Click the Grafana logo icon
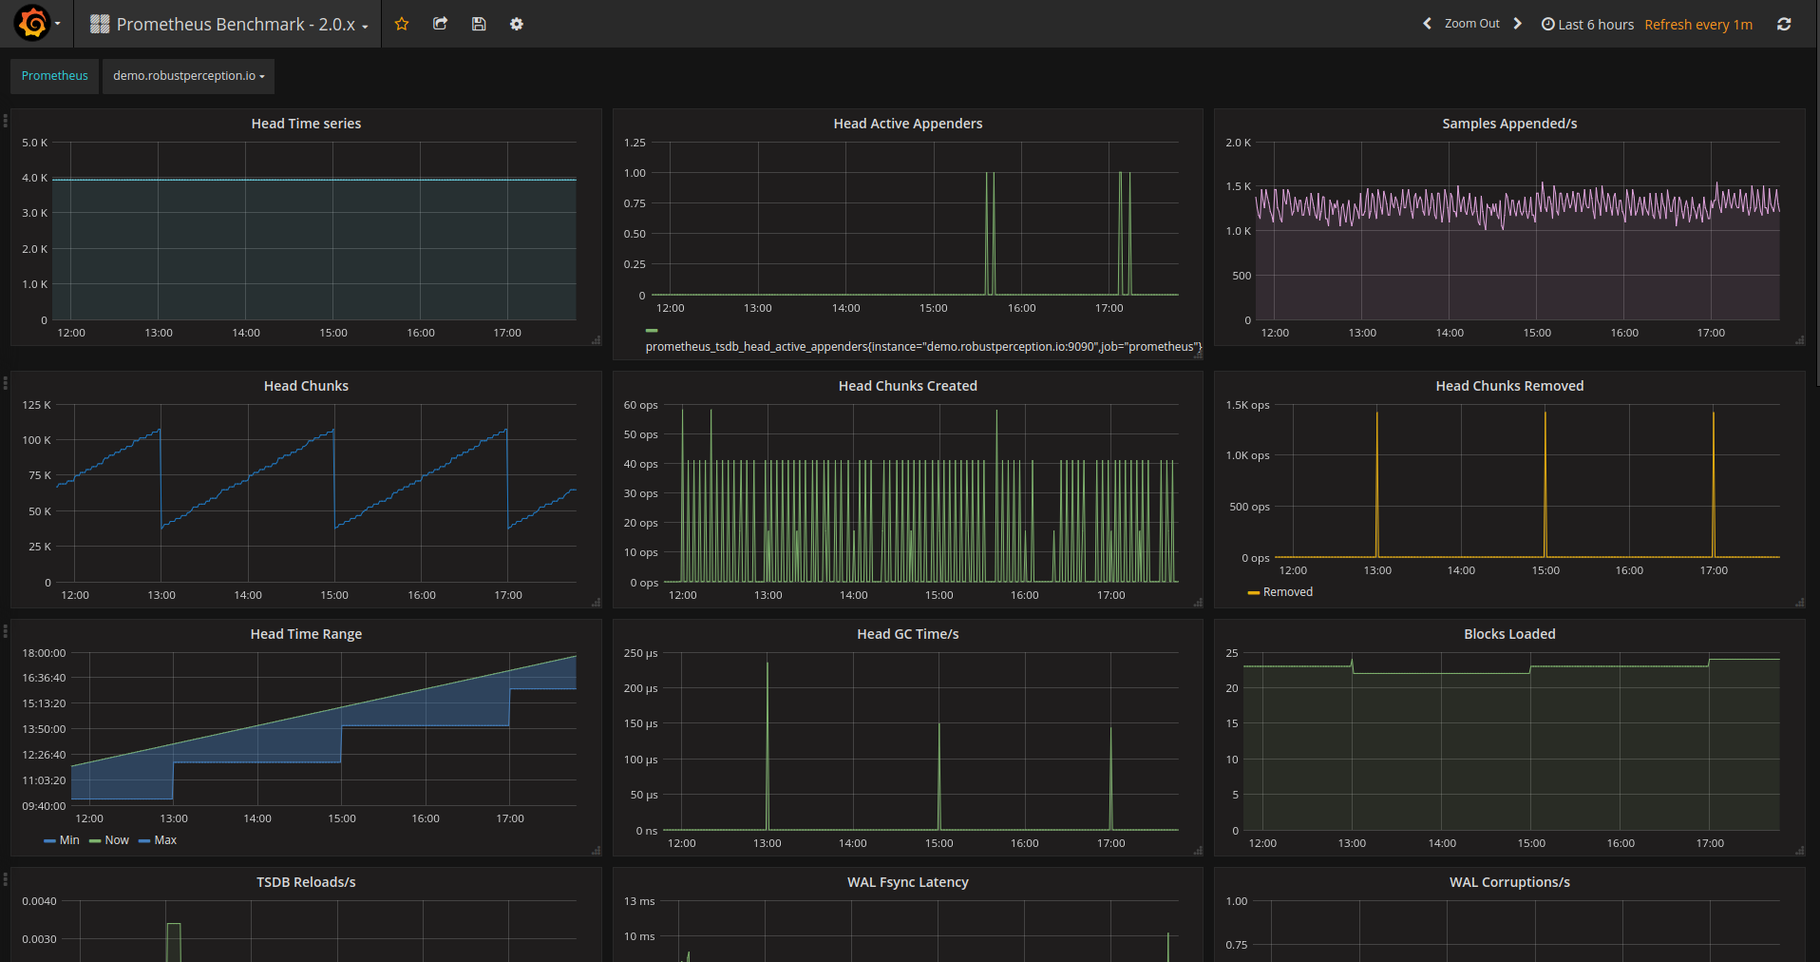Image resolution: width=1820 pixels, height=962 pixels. (32, 23)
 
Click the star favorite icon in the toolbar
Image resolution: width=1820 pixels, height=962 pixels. (402, 24)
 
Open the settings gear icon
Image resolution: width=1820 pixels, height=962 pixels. (517, 24)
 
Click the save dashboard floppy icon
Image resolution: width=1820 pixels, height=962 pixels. (479, 24)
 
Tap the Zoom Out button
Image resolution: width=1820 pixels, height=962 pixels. (1471, 24)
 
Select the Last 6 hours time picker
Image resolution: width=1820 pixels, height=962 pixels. (1587, 25)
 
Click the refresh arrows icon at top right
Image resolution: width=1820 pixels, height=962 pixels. (1784, 25)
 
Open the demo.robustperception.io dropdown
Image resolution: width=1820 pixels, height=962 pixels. (188, 76)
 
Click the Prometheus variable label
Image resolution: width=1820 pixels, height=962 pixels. (55, 76)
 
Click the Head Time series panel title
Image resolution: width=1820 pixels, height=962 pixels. (306, 124)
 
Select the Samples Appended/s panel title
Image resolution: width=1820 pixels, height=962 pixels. (1509, 124)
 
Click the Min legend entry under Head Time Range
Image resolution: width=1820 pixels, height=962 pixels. (62, 840)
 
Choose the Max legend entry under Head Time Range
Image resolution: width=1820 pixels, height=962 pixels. (158, 840)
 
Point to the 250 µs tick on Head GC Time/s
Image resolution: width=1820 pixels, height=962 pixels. (640, 653)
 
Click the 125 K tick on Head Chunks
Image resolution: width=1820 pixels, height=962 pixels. (37, 405)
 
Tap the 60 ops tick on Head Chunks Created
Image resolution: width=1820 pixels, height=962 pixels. (640, 405)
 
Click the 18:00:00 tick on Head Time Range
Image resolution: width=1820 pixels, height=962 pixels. (44, 653)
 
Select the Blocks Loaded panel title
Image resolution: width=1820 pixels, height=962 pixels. (1509, 634)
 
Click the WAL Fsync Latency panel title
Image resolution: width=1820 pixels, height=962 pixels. (908, 882)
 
